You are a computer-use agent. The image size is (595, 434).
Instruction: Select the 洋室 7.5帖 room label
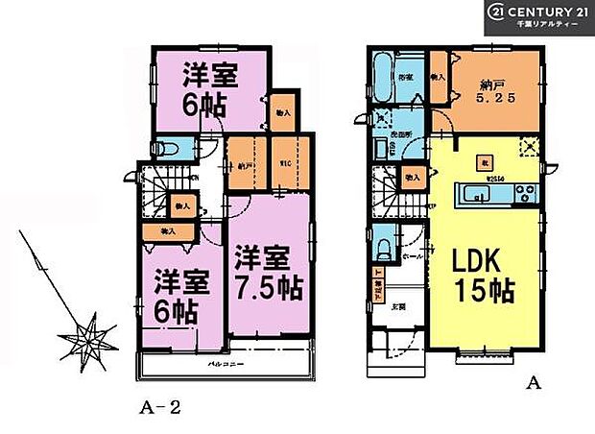264,272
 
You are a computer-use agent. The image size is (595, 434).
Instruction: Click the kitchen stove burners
525,193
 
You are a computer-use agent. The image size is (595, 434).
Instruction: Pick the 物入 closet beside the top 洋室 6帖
283,112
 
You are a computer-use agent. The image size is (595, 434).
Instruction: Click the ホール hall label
416,258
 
